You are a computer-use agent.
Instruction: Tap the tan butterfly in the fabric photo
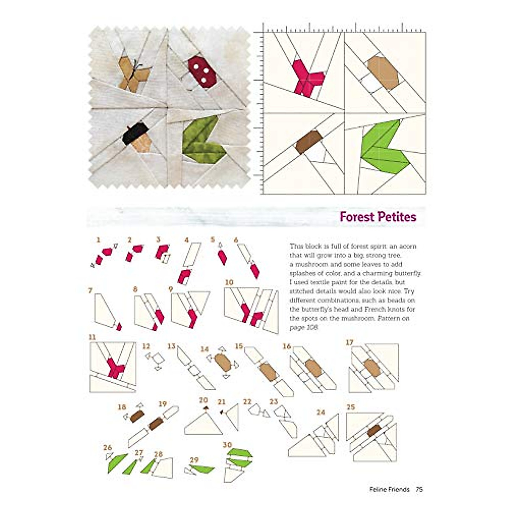(133, 75)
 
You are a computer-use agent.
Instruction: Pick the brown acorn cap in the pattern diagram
(308, 142)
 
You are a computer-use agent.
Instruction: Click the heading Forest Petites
(378, 217)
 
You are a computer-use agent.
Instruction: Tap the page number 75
(419, 489)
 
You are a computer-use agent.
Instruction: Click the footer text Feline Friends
(389, 489)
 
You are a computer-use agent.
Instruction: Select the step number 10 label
(229, 282)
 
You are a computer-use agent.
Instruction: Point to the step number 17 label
(350, 342)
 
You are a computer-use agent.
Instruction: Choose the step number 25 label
(350, 407)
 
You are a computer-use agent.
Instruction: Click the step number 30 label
(227, 445)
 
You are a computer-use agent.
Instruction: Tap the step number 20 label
(203, 400)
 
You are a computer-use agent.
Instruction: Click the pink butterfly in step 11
(115, 367)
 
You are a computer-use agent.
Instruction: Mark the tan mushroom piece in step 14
(223, 363)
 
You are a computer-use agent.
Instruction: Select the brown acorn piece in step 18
(137, 416)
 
